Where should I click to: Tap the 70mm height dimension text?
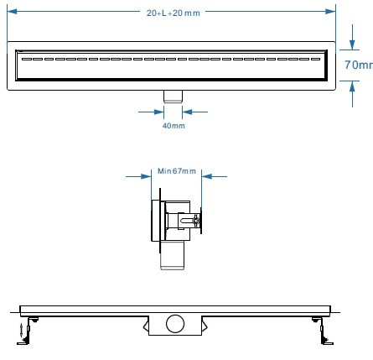click(x=359, y=64)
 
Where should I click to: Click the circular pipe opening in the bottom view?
click(x=174, y=322)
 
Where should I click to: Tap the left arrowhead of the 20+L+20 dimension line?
click(x=12, y=13)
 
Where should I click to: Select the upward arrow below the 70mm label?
click(x=349, y=92)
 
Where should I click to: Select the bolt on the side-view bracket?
click(x=198, y=222)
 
